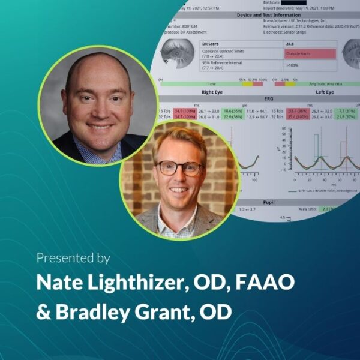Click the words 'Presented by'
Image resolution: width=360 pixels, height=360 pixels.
pos(73,258)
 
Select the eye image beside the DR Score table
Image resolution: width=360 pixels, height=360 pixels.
pos(177,54)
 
